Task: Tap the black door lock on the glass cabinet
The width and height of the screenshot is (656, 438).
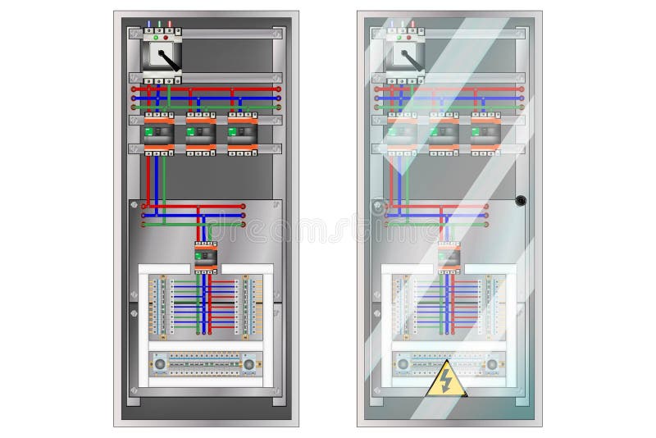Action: click(519, 199)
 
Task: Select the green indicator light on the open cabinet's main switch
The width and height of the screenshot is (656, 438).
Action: click(154, 36)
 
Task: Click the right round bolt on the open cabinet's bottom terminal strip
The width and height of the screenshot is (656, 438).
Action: click(249, 362)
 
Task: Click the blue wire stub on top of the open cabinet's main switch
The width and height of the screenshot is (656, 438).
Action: click(148, 25)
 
